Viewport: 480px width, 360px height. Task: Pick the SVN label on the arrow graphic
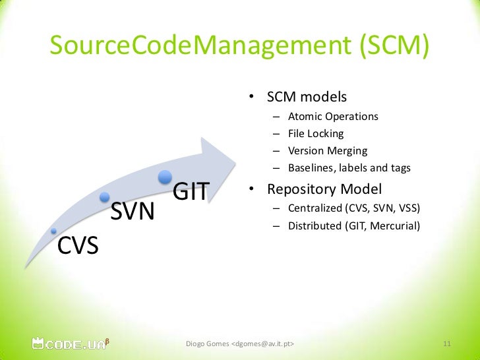tap(133, 212)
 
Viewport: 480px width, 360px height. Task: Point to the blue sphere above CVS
tap(54, 231)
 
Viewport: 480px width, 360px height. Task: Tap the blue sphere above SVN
tap(105, 196)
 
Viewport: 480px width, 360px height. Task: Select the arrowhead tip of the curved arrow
tap(234, 162)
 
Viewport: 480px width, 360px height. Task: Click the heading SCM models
tap(306, 97)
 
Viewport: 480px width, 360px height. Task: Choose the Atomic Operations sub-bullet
tap(333, 116)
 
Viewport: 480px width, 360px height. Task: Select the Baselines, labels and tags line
tap(349, 167)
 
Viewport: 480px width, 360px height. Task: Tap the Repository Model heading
tap(324, 189)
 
